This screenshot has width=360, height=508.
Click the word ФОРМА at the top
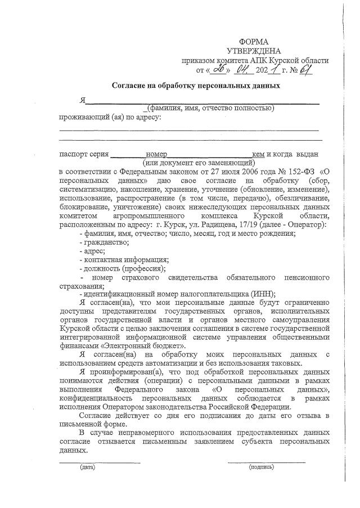(254, 42)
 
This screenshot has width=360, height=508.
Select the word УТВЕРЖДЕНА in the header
(254, 51)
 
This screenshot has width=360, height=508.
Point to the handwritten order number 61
(305, 70)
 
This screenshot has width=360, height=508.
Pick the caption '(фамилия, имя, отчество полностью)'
(209, 108)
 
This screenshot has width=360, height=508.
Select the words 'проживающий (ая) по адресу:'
(110, 118)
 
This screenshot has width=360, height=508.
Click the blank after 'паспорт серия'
(128, 154)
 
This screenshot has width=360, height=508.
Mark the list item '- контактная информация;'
(125, 260)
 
